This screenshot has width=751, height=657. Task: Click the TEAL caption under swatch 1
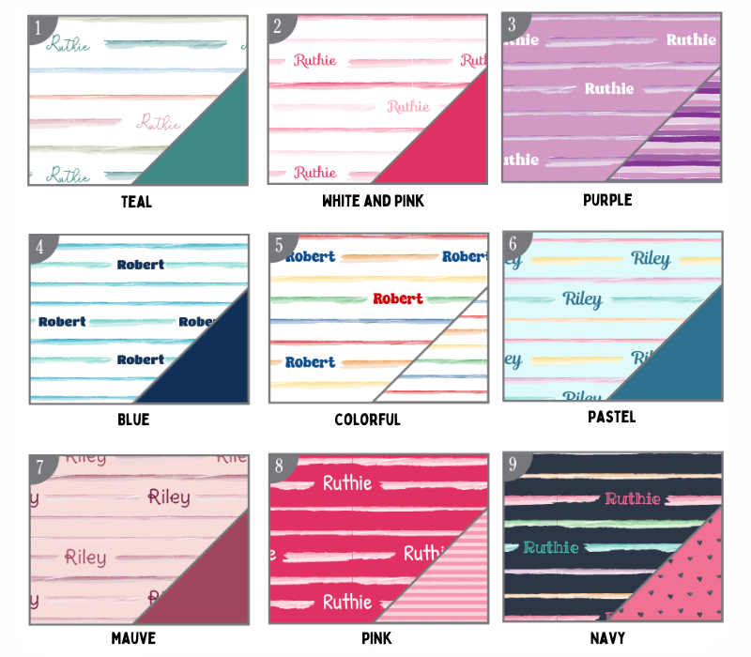point(136,202)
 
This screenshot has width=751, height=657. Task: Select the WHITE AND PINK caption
point(372,201)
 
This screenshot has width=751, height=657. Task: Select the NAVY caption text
point(608,637)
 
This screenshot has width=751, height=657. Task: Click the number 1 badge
point(38,27)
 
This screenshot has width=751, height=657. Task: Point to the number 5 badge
point(278,246)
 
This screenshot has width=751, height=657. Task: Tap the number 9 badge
point(513,465)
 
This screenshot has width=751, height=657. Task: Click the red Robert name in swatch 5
point(397,298)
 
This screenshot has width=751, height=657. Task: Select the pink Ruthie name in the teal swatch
point(159,122)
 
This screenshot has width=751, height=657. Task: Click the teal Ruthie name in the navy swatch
point(551,547)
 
